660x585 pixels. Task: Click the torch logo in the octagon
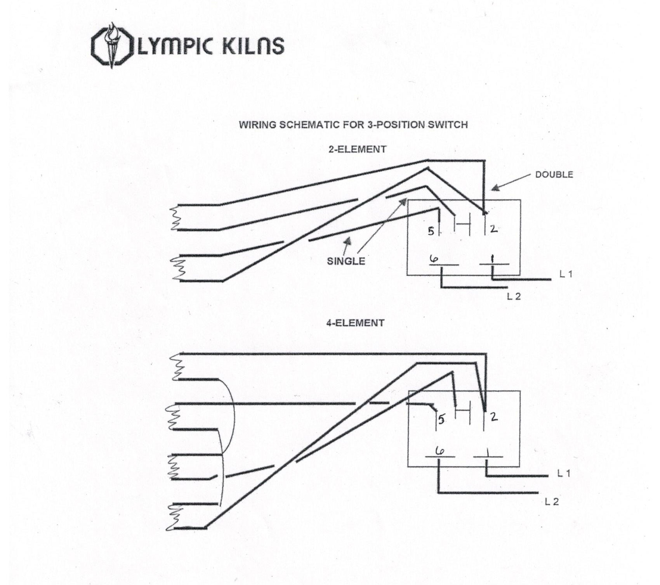coord(112,45)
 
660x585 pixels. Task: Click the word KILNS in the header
coord(253,46)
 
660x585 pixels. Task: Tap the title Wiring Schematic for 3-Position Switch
coord(353,125)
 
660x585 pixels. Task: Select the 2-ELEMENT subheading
coord(357,149)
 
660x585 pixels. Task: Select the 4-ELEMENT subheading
coord(355,323)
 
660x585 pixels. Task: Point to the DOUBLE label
coord(554,175)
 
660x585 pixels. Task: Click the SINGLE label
coord(346,261)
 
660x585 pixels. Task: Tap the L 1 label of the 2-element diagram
coord(566,274)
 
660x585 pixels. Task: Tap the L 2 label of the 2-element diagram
coord(513,296)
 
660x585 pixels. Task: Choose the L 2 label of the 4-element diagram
coord(551,502)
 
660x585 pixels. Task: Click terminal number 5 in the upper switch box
coord(431,232)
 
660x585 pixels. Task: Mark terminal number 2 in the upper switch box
coord(493,229)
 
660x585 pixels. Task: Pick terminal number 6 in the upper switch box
coord(434,258)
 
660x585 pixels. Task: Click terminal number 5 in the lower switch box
coord(442,420)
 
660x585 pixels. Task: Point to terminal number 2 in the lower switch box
coord(494,417)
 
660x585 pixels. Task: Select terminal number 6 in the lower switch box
coord(440,450)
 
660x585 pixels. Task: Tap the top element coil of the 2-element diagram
coord(176,218)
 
